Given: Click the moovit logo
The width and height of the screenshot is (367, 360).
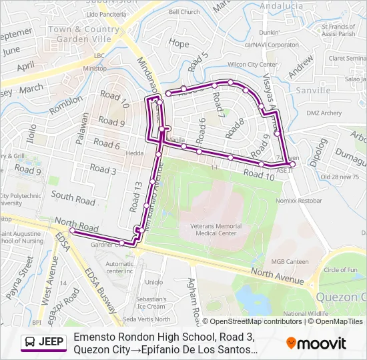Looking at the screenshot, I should (316, 343).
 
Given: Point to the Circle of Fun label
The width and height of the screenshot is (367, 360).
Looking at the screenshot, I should (341, 270).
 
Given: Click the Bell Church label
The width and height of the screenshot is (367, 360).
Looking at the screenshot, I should (184, 12).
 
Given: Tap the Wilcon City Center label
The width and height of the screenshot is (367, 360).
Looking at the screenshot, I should (252, 65).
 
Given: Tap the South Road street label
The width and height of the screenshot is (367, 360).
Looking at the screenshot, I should (73, 198).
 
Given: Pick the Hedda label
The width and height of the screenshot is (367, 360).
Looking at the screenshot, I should (135, 153).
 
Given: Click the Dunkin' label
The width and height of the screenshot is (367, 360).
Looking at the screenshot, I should (270, 32).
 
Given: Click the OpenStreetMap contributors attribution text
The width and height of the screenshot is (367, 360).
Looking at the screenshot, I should (255, 321).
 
